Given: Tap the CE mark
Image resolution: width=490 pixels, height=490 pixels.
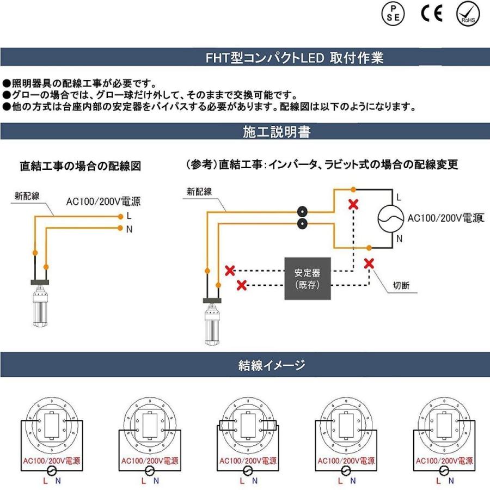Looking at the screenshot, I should click(x=431, y=14).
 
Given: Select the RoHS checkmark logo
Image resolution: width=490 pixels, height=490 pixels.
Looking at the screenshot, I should click(x=468, y=13).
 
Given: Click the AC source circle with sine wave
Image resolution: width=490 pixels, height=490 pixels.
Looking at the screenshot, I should click(x=393, y=218).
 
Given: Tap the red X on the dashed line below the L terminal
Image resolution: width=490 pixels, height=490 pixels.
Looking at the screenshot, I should click(x=353, y=205).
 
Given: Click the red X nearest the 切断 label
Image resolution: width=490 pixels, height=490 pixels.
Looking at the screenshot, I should click(x=369, y=263).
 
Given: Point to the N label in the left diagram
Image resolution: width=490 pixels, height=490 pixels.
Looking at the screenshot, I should click(x=129, y=229).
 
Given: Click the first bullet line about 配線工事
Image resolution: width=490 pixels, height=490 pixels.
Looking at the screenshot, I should click(x=79, y=83).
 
